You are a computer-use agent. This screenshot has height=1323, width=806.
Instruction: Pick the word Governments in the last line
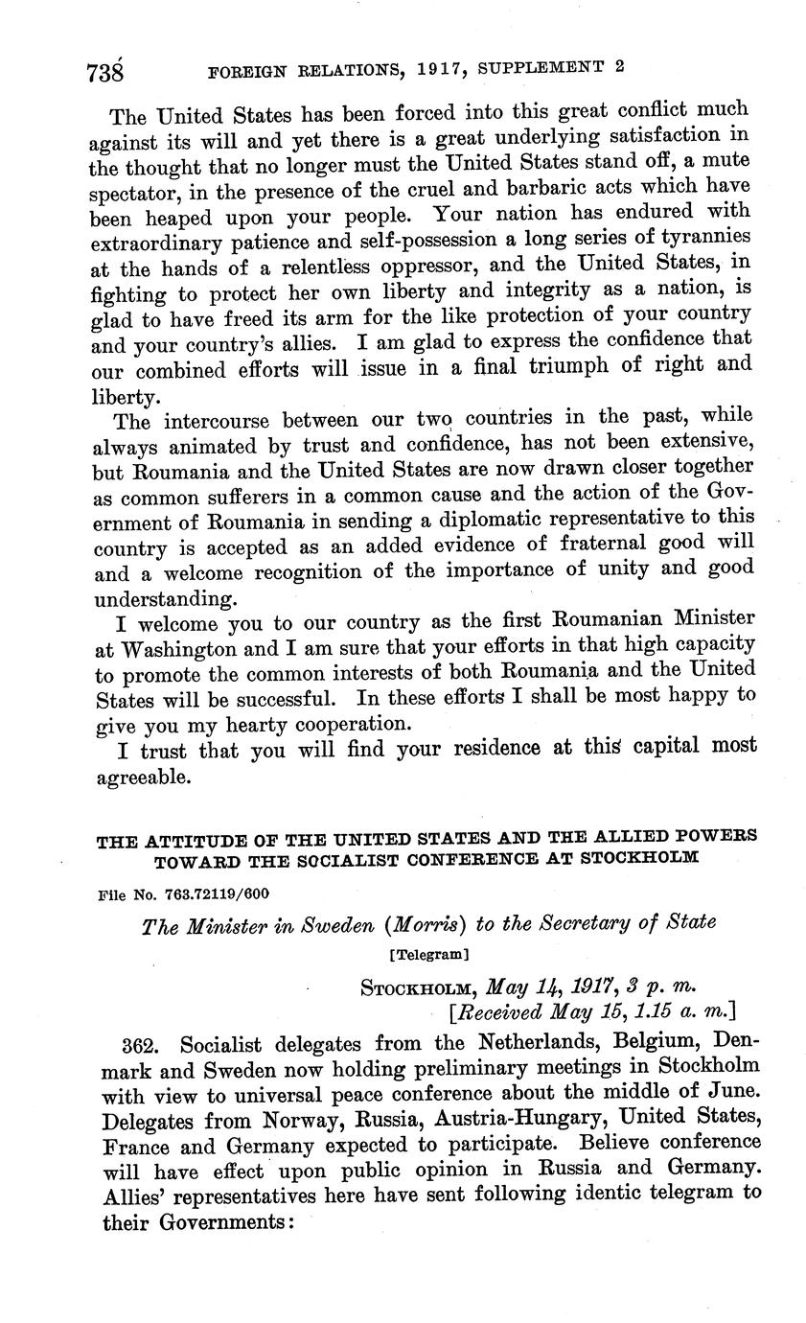click(218, 1223)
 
